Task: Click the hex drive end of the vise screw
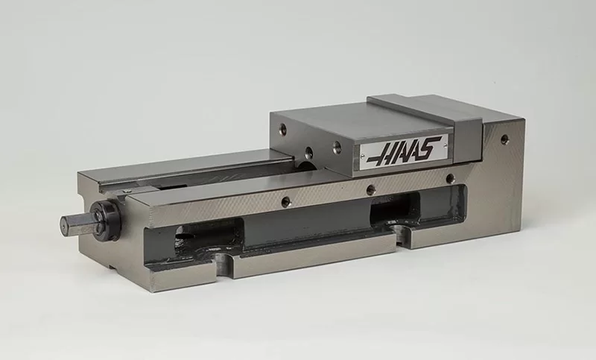[x=75, y=223]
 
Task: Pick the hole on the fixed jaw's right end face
[x=504, y=139]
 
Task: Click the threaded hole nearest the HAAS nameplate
[x=337, y=148]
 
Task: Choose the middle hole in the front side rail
[x=370, y=190]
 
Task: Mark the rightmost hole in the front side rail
[x=449, y=179]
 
